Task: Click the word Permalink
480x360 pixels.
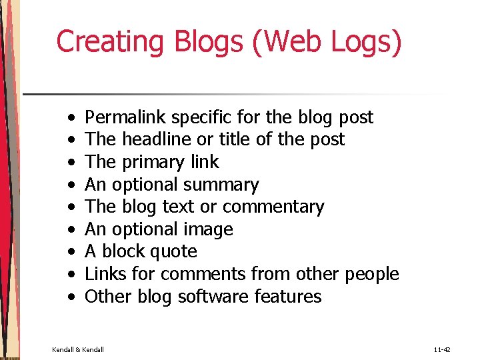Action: (x=126, y=117)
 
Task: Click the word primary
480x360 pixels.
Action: (x=155, y=163)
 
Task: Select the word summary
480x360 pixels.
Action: (x=221, y=185)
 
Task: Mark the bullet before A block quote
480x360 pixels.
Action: (x=71, y=253)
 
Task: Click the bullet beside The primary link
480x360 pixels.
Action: (x=71, y=163)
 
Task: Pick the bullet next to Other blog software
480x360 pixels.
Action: (x=71, y=297)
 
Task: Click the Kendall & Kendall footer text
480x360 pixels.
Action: (x=78, y=348)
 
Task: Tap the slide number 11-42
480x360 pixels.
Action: (x=441, y=348)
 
